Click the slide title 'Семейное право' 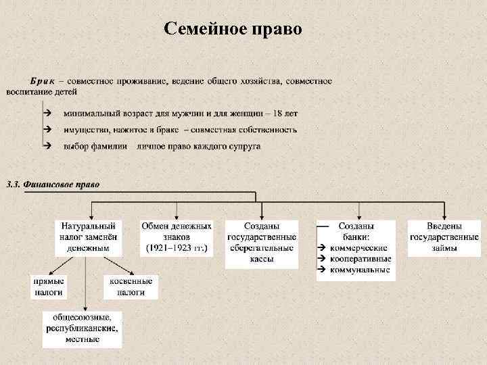pyautogui.click(x=233, y=29)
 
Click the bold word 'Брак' pyautogui.click(x=43, y=81)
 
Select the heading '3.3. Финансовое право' pyautogui.click(x=52, y=184)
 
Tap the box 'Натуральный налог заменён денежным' pyautogui.click(x=88, y=237)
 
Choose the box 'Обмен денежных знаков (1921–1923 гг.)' pyautogui.click(x=177, y=237)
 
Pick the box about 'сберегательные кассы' pyautogui.click(x=261, y=243)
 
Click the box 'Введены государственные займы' pyautogui.click(x=444, y=237)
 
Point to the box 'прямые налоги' pyautogui.click(x=49, y=287)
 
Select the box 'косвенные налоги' pyautogui.click(x=130, y=287)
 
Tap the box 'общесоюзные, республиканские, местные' pyautogui.click(x=83, y=328)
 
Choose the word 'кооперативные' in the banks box pyautogui.click(x=360, y=259)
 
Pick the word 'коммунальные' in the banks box pyautogui.click(x=359, y=270)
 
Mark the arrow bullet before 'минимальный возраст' pyautogui.click(x=46, y=112)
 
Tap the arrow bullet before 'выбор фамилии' pyautogui.click(x=46, y=145)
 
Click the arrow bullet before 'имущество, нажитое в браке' pyautogui.click(x=46, y=128)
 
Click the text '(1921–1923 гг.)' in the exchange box pyautogui.click(x=177, y=248)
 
